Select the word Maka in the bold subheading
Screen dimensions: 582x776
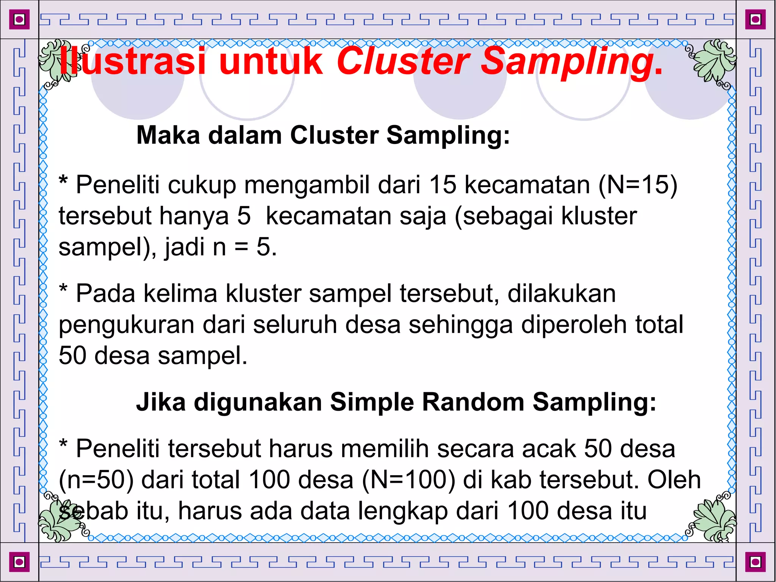[168, 135]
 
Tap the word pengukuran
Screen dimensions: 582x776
[127, 325]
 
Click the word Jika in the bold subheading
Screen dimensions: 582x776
[161, 402]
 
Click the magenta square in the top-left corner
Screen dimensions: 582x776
[19, 19]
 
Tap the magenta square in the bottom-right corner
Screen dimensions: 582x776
[755, 562]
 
